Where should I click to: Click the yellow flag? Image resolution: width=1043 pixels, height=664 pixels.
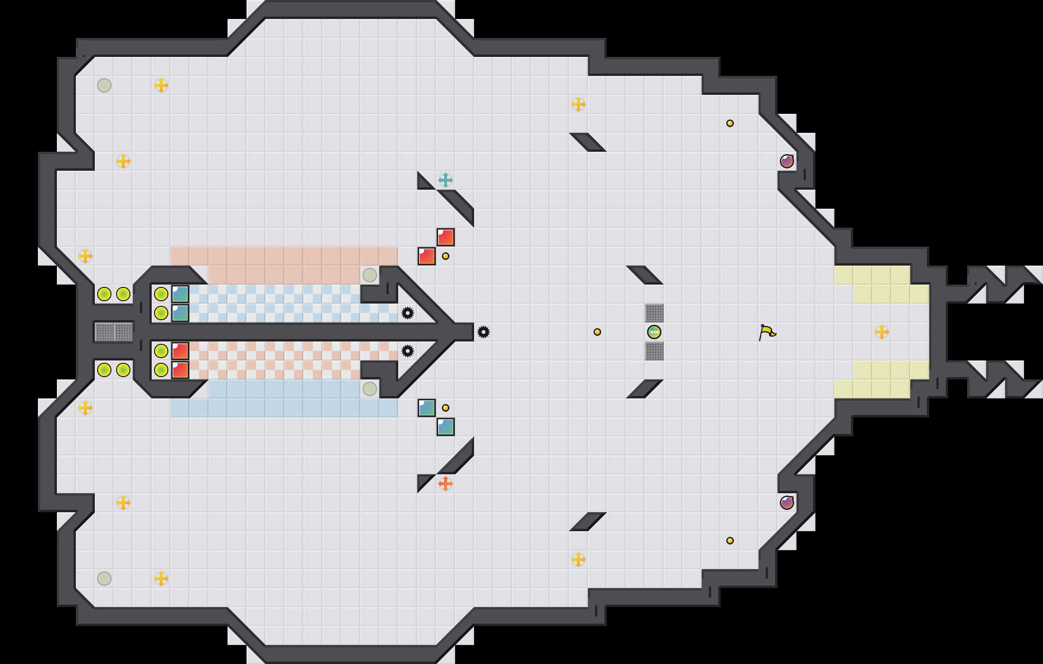767,332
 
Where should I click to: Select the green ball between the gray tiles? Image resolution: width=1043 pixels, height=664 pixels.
654,332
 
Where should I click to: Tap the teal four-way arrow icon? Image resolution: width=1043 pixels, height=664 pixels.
445,180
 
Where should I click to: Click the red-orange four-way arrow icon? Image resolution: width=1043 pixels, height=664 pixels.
445,484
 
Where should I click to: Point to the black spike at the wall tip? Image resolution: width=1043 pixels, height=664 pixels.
483,332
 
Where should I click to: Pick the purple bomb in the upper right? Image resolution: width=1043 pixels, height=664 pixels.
787,161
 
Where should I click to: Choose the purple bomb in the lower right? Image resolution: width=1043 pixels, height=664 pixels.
787,503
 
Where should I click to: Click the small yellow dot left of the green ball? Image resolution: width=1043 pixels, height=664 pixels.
597,332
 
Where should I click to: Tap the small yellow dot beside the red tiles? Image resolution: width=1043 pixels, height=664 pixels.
446,256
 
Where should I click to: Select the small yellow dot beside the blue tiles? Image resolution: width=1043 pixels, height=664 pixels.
446,408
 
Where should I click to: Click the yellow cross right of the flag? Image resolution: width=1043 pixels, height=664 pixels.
882,332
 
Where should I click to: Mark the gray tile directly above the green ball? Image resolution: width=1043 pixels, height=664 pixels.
654,313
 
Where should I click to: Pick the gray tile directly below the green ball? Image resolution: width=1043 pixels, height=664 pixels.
654,351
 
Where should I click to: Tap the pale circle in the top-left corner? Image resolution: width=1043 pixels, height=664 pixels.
104,85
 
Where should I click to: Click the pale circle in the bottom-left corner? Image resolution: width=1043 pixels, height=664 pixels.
104,579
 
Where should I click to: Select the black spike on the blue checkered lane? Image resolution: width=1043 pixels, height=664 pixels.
408,313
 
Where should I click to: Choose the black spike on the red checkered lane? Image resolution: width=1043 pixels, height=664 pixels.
408,351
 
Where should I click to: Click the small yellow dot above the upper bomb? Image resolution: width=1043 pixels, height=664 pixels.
730,123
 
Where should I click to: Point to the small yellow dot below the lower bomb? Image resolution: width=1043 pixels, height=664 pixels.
730,541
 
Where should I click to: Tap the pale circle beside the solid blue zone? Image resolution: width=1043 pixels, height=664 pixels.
370,389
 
